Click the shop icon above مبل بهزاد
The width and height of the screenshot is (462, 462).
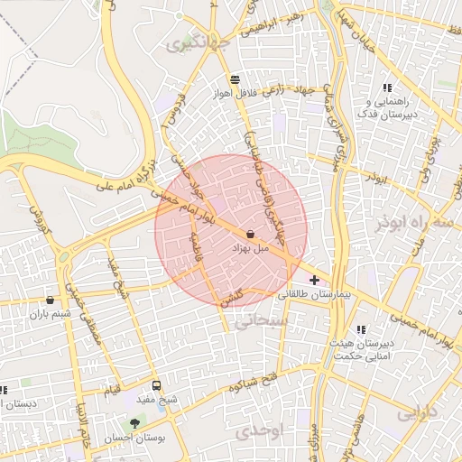pos(249,235)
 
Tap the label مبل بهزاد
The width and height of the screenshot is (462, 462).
pos(252,247)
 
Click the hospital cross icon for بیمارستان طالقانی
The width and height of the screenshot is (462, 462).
pos(314,281)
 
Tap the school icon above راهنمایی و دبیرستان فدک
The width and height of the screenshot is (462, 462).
pos(386,88)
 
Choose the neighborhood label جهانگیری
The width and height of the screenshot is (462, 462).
pos(205,42)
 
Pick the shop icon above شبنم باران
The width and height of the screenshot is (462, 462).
pos(49,300)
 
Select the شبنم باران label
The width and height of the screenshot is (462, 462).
pos(49,314)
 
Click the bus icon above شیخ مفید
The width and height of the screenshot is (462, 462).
pos(158,384)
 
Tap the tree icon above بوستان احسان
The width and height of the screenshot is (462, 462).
pos(135,422)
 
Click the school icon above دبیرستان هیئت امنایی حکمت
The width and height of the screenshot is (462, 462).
pos(362,329)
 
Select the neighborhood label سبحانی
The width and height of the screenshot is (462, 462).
pos(260,320)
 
